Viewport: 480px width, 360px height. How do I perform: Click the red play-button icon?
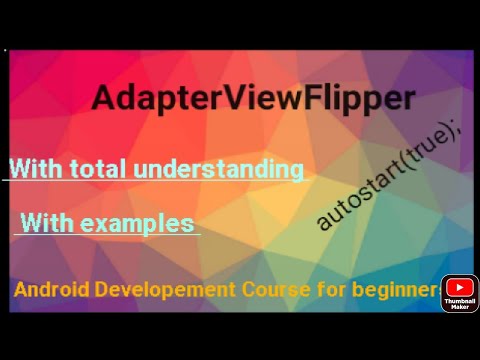(459, 288)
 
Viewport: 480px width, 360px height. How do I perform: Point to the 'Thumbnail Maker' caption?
(459, 304)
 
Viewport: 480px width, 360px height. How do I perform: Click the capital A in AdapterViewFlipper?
(103, 99)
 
